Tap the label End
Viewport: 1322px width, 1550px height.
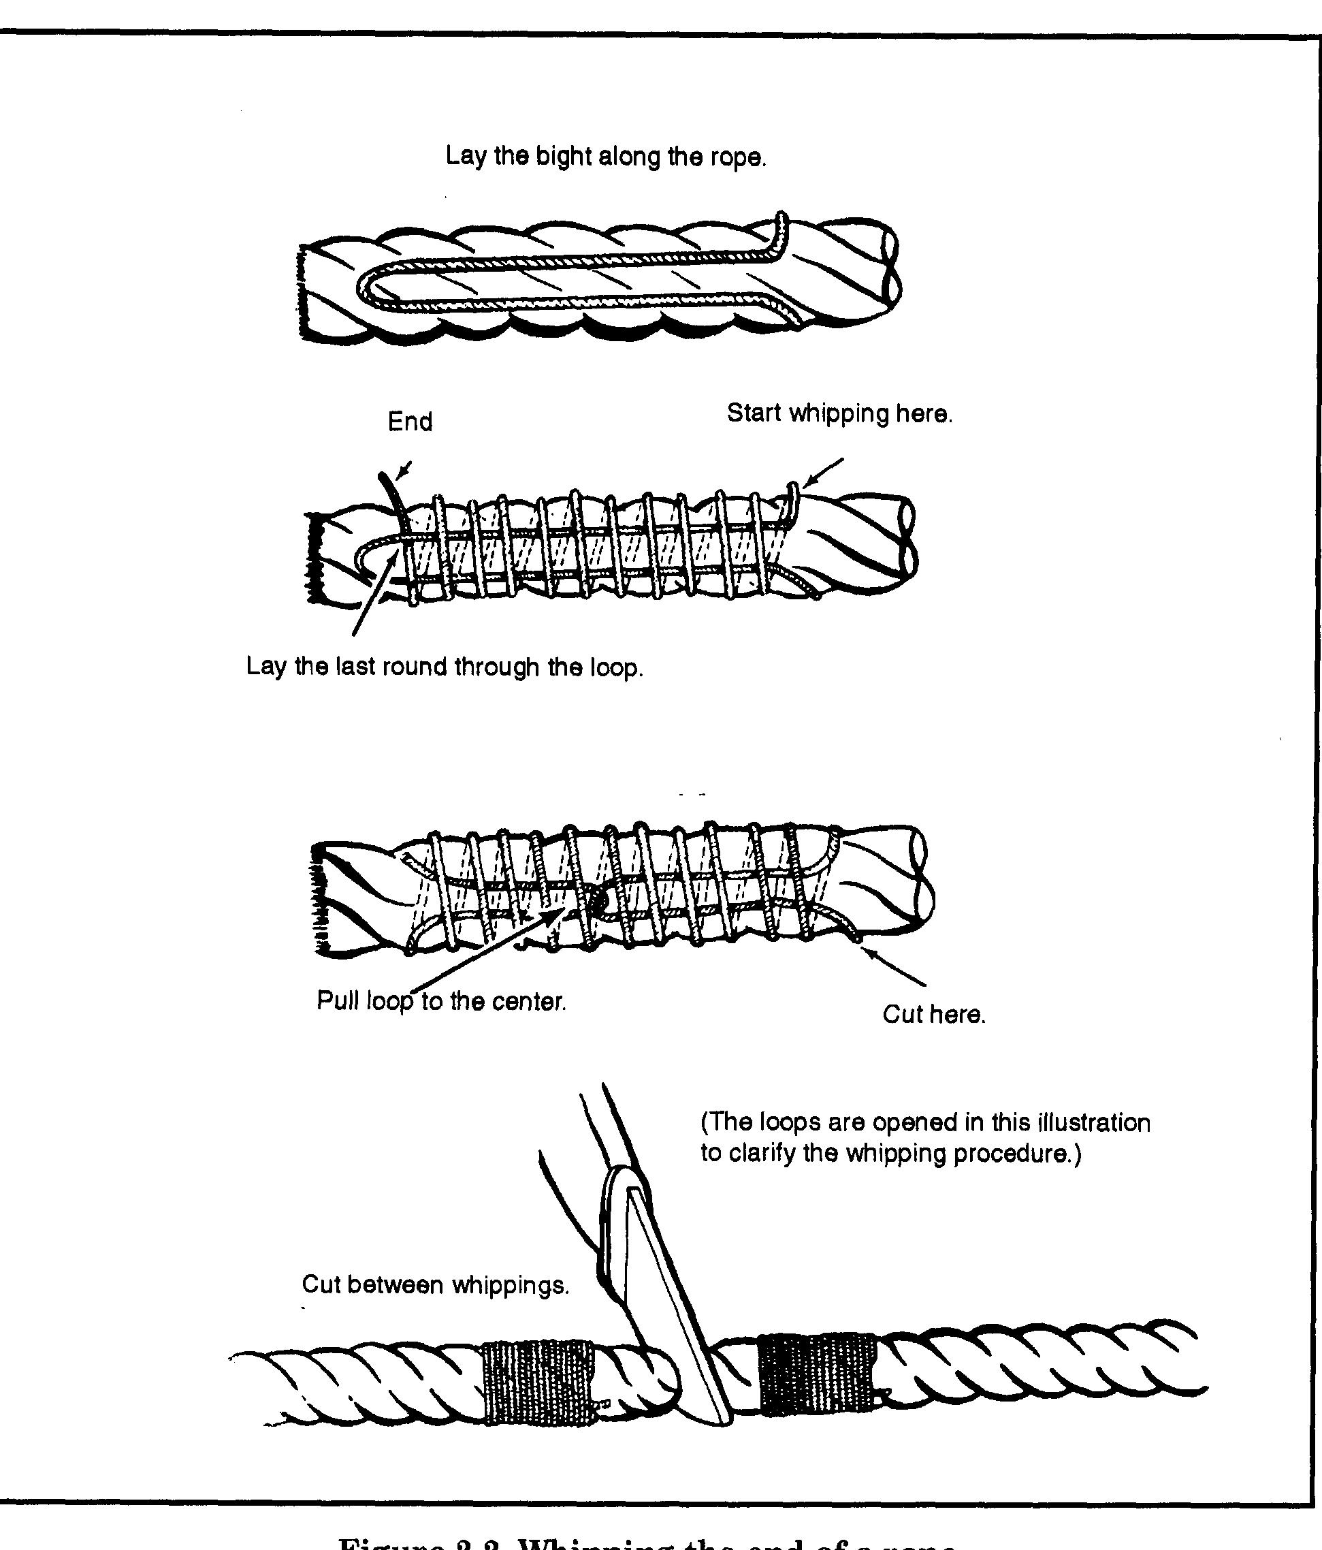click(x=410, y=422)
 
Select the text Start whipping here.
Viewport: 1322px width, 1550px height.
click(x=840, y=413)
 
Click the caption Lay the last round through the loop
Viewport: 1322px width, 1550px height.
click(x=444, y=667)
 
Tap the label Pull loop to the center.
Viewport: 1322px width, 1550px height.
click(x=441, y=1001)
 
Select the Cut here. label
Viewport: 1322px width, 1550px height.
click(x=934, y=1015)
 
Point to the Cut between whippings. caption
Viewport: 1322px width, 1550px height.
click(x=435, y=1284)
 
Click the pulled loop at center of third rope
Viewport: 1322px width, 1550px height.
click(x=594, y=902)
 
